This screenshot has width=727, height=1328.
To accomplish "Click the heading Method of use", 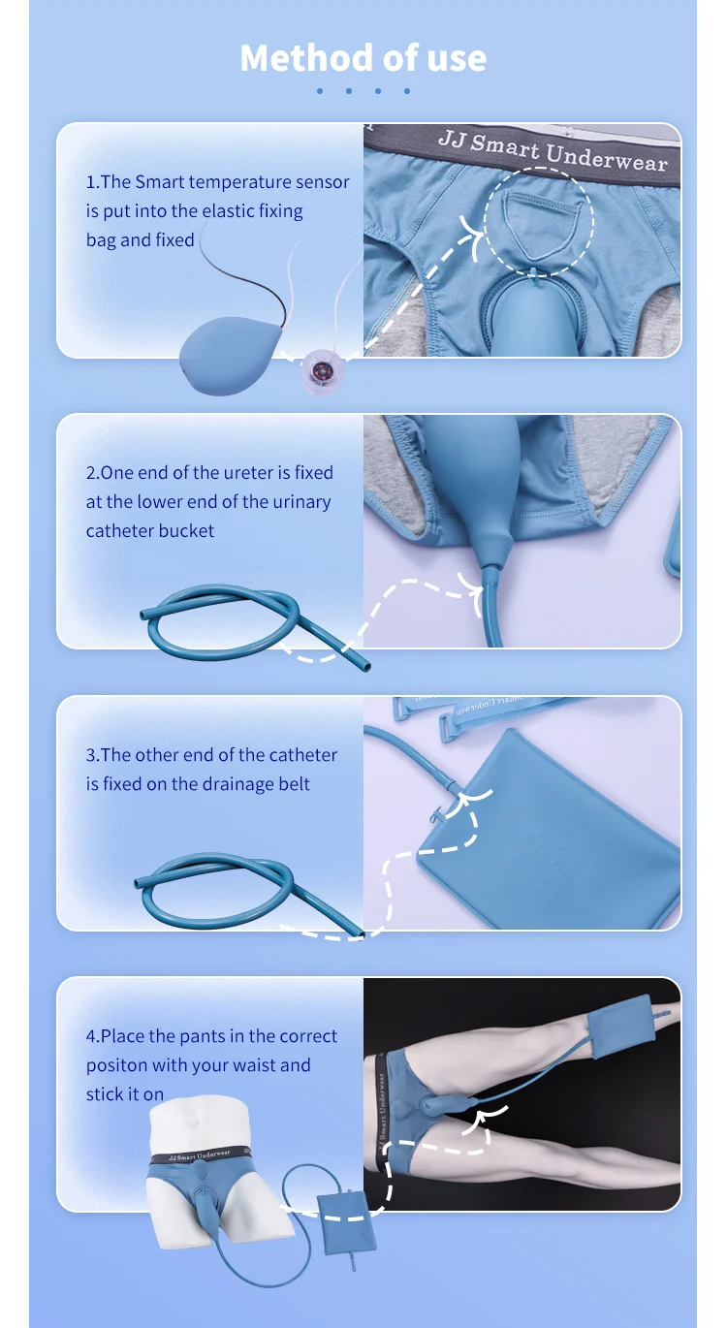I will (x=363, y=58).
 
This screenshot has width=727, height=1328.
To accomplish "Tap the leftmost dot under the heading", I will (x=320, y=91).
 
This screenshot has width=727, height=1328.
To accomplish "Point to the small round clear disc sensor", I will (x=316, y=368).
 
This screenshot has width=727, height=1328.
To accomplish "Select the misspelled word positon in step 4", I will (x=117, y=1065).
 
